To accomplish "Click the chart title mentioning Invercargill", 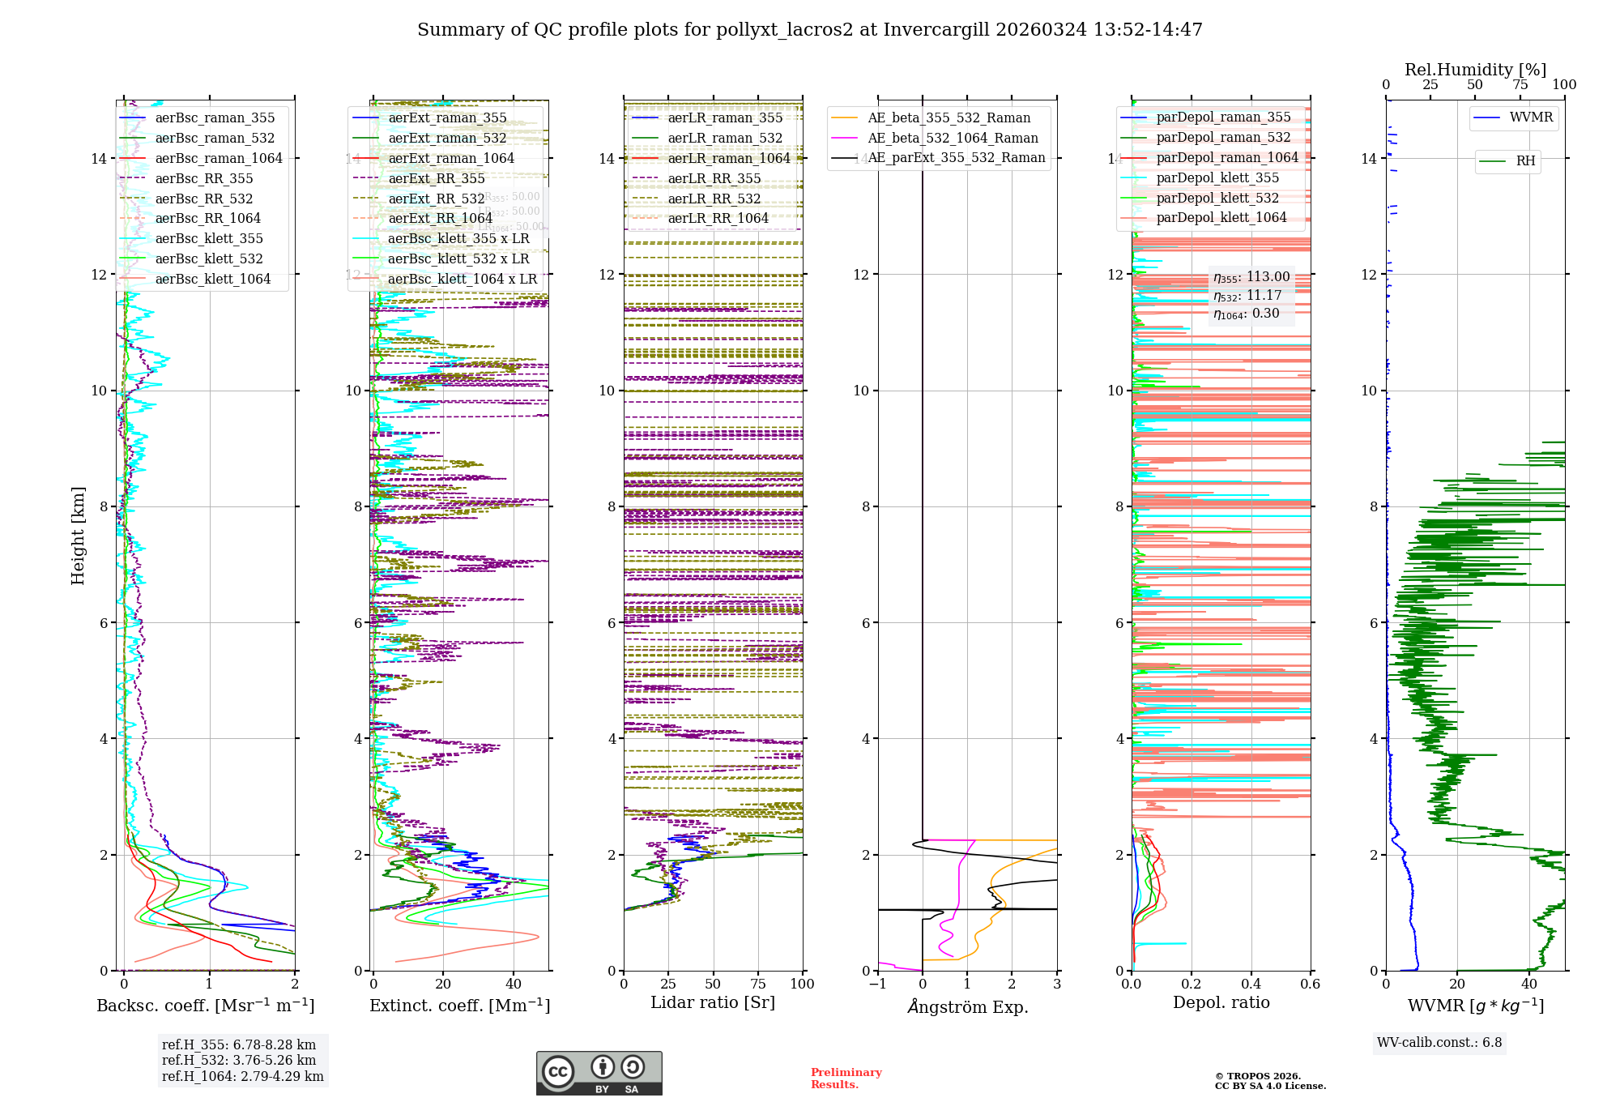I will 809,30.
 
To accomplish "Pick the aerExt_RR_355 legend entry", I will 437,179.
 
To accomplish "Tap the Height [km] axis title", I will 78,535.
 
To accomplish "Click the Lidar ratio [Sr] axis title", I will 713,1003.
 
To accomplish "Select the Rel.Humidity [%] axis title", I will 1475,70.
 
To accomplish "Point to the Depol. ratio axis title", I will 1221,1003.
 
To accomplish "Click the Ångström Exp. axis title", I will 967,1007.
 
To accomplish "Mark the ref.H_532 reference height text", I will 239,1061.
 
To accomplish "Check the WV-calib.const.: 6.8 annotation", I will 1439,1043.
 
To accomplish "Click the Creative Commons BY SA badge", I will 599,1073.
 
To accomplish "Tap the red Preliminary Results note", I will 846,1079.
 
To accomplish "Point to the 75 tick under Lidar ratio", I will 758,985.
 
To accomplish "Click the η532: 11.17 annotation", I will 1247,296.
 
